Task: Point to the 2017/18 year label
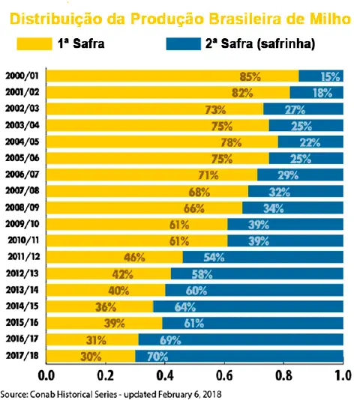click(22, 356)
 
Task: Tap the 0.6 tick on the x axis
click(225, 374)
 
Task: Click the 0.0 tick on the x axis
click(46, 374)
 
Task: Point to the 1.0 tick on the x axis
click(343, 374)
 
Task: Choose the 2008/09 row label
click(22, 207)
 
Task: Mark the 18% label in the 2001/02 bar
click(322, 93)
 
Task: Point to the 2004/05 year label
click(22, 142)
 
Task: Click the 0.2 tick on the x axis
click(106, 374)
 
